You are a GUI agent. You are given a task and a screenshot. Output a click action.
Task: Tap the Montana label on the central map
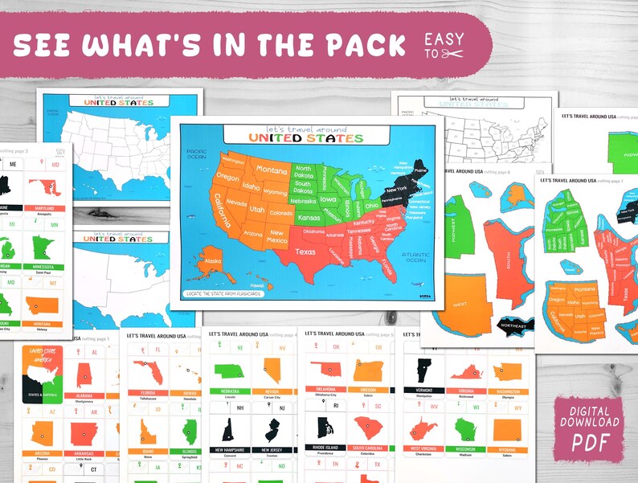click(x=272, y=170)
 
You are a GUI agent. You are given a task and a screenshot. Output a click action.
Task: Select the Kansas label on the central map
click(x=308, y=218)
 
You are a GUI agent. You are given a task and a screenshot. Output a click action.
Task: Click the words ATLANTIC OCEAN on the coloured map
click(x=415, y=255)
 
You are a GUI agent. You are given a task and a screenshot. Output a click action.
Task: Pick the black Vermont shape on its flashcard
click(x=423, y=370)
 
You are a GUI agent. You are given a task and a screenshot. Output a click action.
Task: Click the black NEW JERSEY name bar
click(x=272, y=449)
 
